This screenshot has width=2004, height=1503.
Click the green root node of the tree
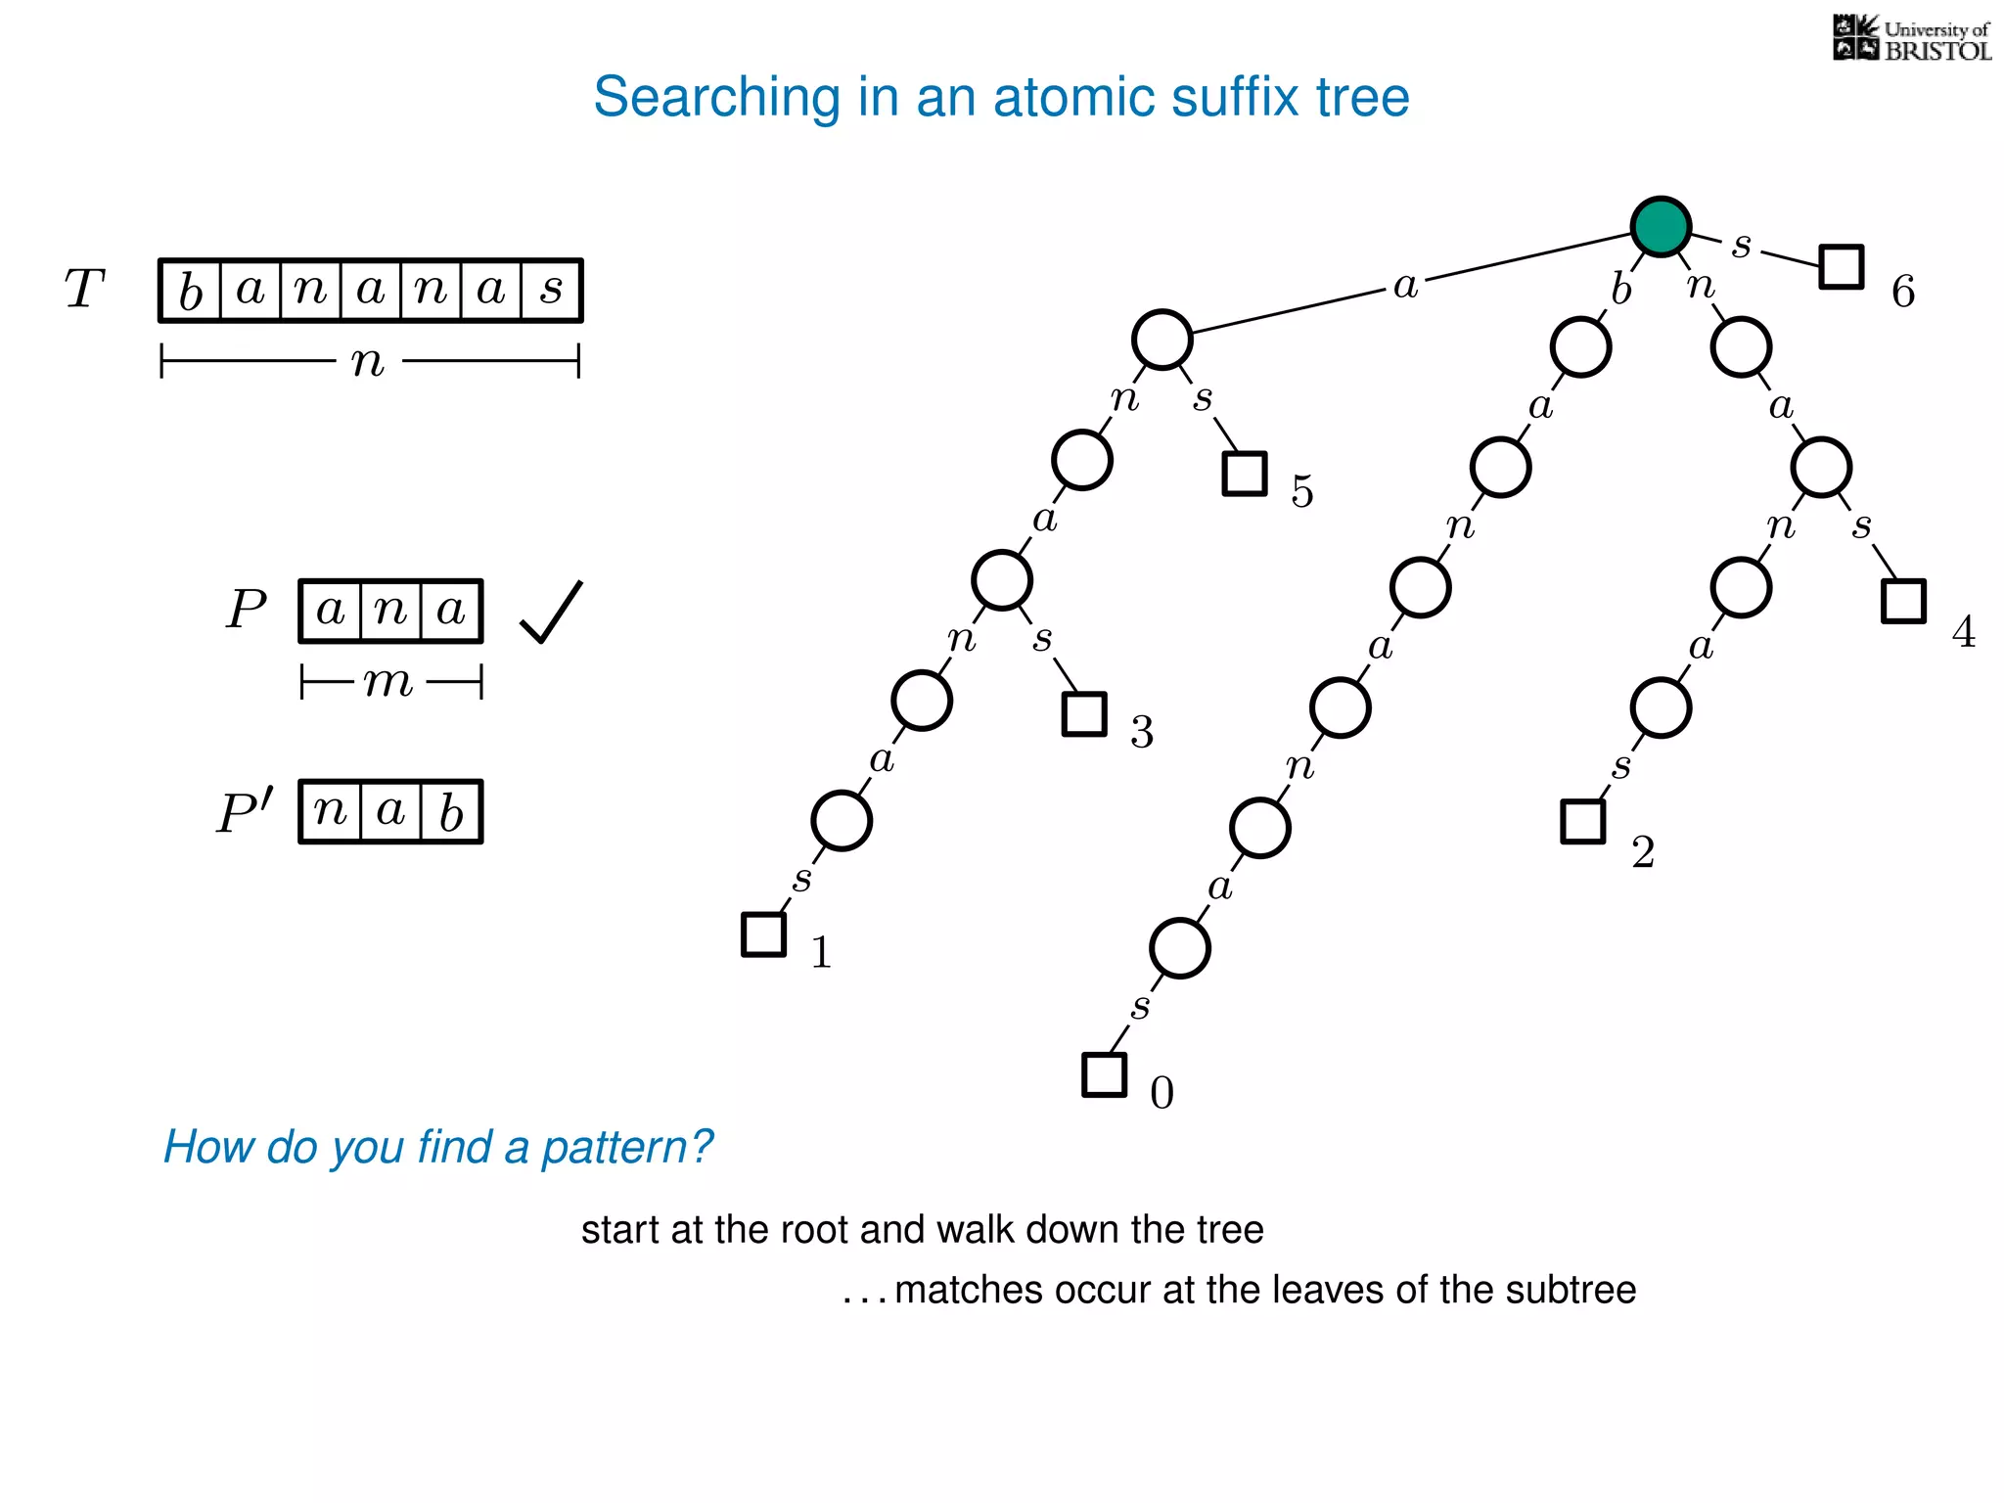(1661, 226)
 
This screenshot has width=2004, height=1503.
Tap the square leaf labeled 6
(1841, 266)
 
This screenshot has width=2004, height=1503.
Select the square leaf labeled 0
(1104, 1074)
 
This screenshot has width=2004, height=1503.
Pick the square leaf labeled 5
(1245, 474)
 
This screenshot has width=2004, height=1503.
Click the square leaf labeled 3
(1083, 713)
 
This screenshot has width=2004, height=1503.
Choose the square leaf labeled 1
(763, 934)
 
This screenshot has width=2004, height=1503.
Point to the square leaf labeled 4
(1903, 601)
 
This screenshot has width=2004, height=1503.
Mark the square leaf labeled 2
(1582, 821)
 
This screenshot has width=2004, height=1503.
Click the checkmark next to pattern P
(551, 613)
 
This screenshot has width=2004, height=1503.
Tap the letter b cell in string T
(191, 291)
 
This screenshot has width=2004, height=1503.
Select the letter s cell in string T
(552, 291)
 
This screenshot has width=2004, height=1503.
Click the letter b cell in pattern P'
(451, 812)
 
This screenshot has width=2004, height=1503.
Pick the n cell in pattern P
(390, 611)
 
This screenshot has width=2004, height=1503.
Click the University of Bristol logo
(1911, 39)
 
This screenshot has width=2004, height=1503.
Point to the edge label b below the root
(1621, 290)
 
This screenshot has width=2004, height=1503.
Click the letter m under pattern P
(388, 681)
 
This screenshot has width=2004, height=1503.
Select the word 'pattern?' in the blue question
(627, 1147)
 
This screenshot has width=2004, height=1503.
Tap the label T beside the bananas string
(84, 290)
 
